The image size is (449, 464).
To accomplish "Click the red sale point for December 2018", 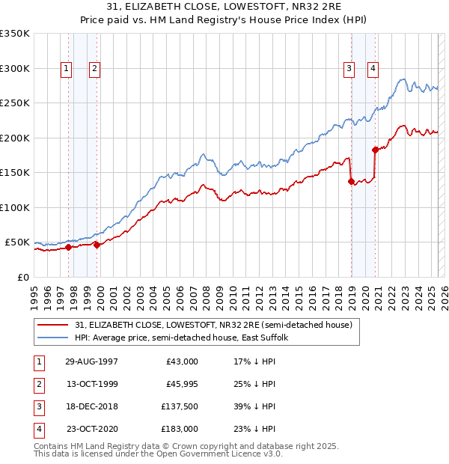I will (351, 181).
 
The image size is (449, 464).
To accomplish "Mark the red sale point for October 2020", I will (375, 150).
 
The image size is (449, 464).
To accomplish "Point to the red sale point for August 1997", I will (68, 247).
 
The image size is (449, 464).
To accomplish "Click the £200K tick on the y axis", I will (15, 138).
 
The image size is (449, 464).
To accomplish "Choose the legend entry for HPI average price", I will (186, 338).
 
